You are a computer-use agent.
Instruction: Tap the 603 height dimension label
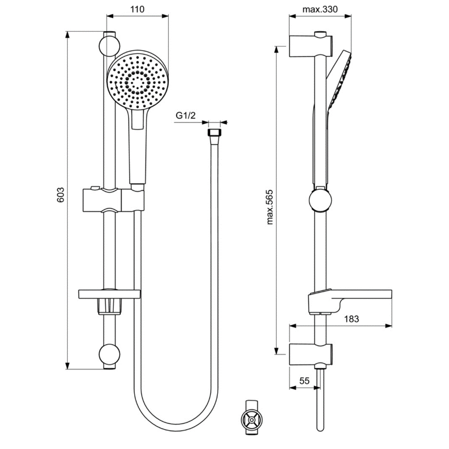[60, 198]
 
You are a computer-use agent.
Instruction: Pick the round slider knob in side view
[321, 200]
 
